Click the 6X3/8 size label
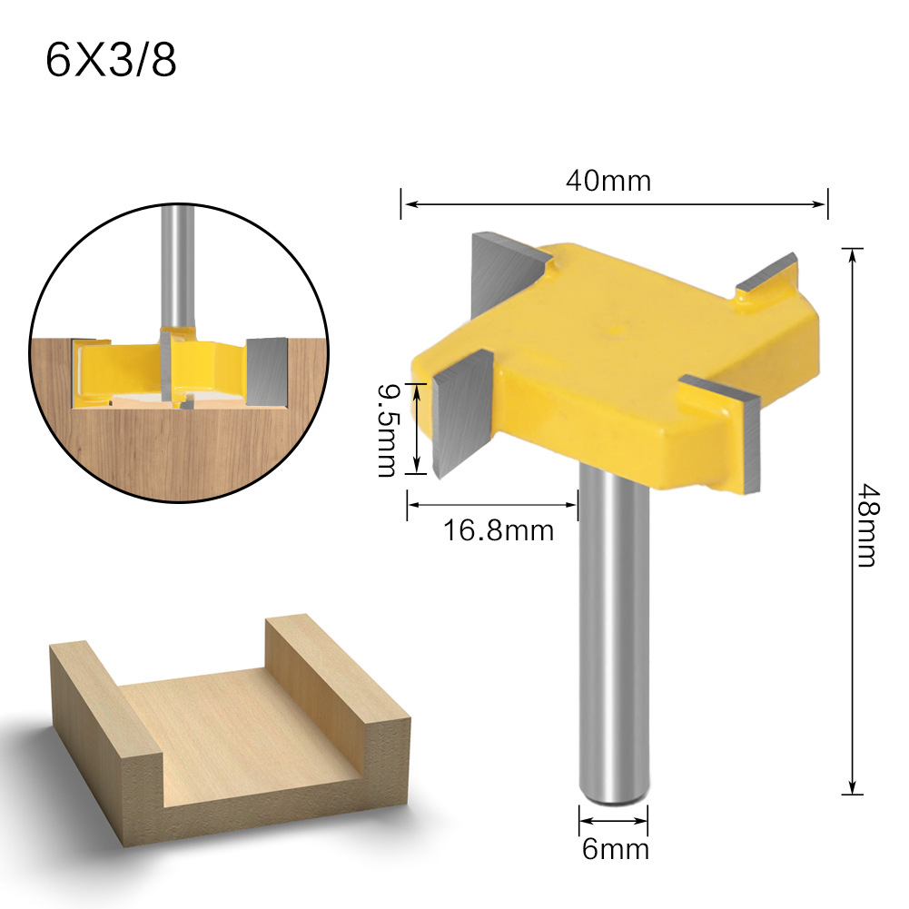tap(111, 63)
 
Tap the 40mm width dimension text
tap(608, 181)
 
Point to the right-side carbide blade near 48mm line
tap(740, 436)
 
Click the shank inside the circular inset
tap(175, 263)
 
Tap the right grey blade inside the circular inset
tap(267, 369)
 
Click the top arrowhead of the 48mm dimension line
tap(853, 253)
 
